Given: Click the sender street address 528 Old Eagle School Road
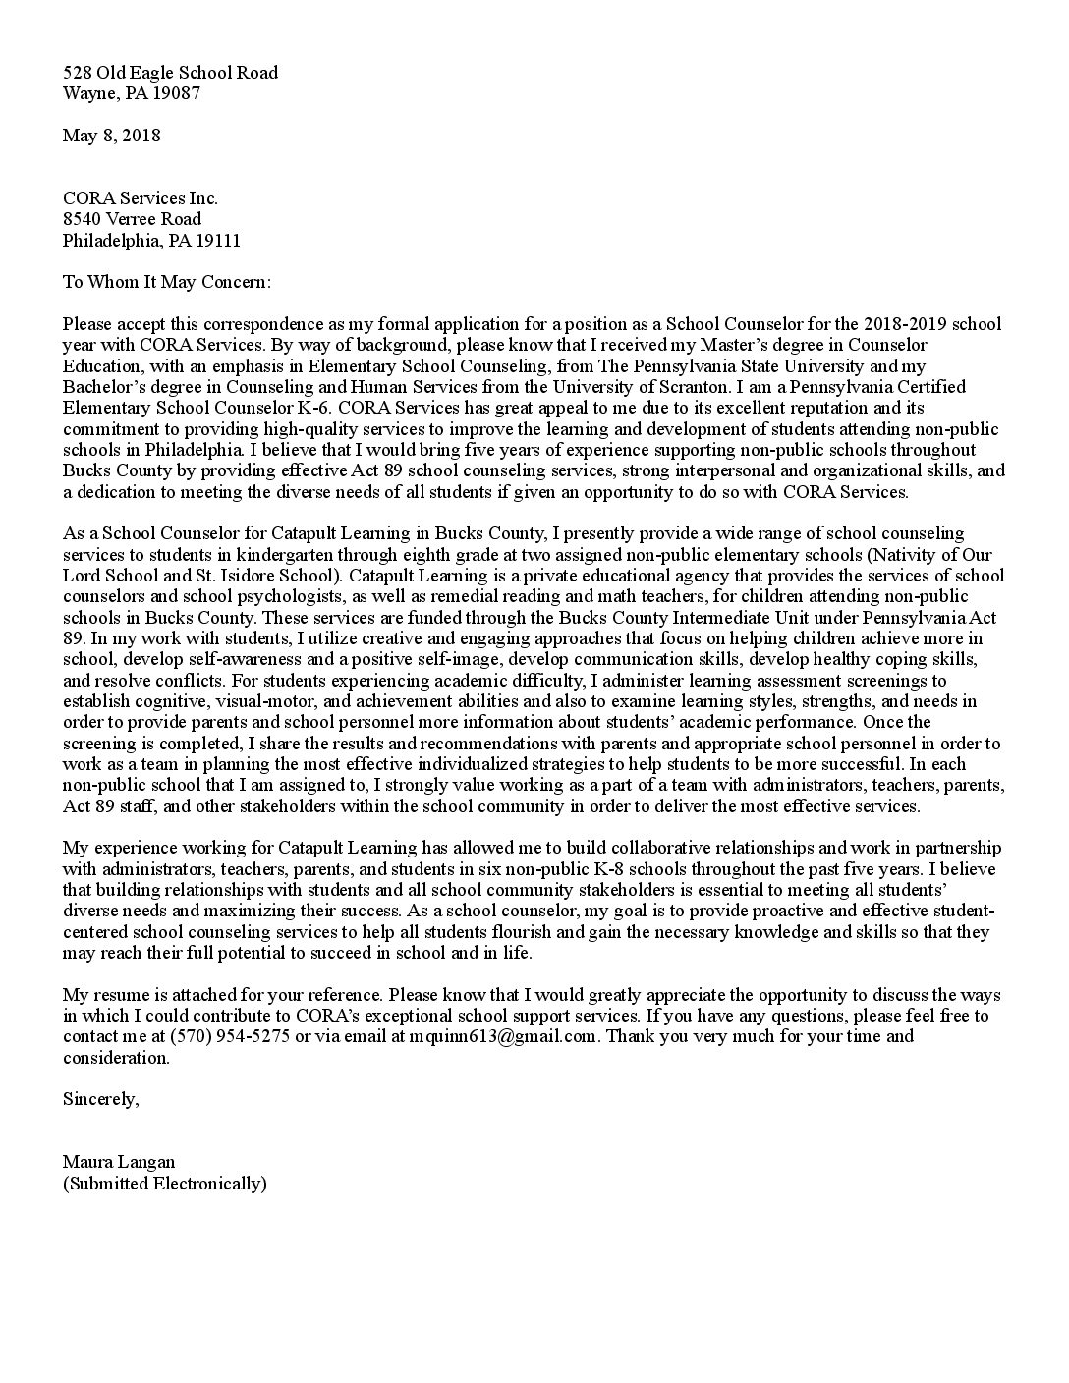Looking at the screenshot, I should [170, 72].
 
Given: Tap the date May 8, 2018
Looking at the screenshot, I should [111, 136].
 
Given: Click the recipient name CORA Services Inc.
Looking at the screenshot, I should [141, 197].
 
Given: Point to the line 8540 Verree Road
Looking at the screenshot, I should [132, 219].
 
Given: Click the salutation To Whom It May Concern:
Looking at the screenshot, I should [166, 282].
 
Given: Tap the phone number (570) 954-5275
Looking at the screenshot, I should [229, 1036].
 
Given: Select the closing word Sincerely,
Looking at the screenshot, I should [100, 1099].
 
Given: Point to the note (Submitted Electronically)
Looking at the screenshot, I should [164, 1184].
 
